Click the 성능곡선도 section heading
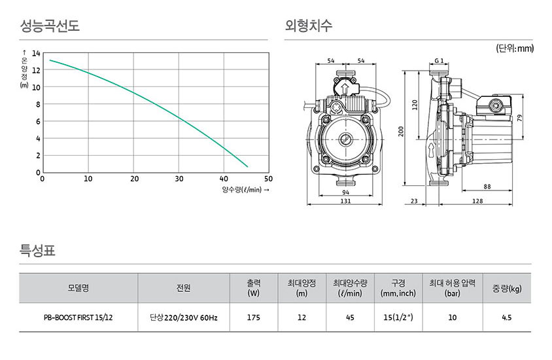click(50, 26)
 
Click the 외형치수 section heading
click(309, 26)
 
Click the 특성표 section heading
click(37, 251)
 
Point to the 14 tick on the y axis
click(36, 54)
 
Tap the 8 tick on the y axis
click(38, 105)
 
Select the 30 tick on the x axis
click(179, 179)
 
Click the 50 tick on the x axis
click(268, 179)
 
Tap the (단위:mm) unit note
click(515, 48)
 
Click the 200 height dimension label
click(402, 132)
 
